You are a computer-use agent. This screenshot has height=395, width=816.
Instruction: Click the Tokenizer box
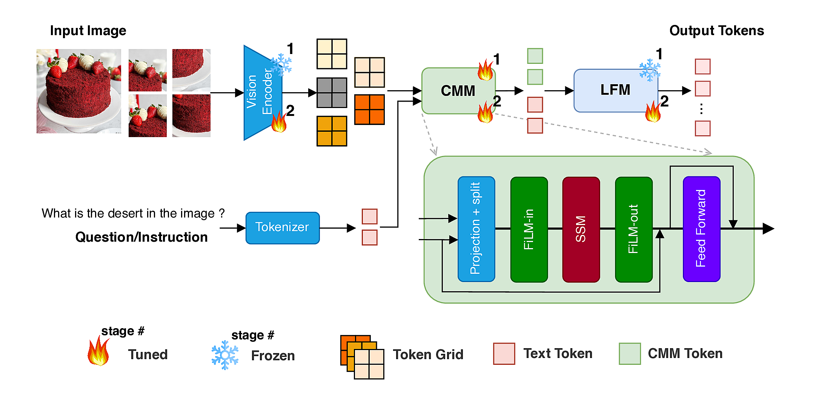pyautogui.click(x=282, y=228)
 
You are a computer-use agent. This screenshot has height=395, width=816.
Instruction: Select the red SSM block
pyautogui.click(x=581, y=229)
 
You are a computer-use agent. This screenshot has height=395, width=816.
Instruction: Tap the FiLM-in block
pyautogui.click(x=529, y=229)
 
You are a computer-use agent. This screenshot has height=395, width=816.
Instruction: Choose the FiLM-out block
pyautogui.click(x=633, y=229)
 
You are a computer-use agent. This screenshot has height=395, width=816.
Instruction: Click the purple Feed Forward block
pyautogui.click(x=701, y=229)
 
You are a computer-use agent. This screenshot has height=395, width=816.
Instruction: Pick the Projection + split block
pyautogui.click(x=476, y=229)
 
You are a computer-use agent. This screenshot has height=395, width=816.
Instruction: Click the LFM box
pyautogui.click(x=615, y=90)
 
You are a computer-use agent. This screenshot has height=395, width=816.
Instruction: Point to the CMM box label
pyautogui.click(x=458, y=91)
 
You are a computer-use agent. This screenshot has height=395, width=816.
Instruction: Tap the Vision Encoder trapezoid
pyautogui.click(x=260, y=93)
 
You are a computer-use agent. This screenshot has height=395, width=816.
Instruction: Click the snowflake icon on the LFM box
pyautogui.click(x=650, y=70)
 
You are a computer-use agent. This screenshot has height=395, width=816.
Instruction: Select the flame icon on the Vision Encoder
pyautogui.click(x=279, y=122)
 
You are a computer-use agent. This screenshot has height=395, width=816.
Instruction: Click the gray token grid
pyautogui.click(x=332, y=93)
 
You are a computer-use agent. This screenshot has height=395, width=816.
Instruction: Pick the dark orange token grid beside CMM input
pyautogui.click(x=369, y=110)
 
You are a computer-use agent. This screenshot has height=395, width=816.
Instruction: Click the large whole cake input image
pyautogui.click(x=78, y=91)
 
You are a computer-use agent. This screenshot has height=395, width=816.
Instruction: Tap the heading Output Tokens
pyautogui.click(x=716, y=31)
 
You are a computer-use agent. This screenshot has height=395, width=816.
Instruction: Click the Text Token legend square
pyautogui.click(x=504, y=353)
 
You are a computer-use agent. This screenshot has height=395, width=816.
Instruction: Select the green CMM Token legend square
pyautogui.click(x=629, y=353)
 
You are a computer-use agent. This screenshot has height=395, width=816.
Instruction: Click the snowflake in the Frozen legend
pyautogui.click(x=225, y=355)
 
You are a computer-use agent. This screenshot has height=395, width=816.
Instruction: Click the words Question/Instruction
pyautogui.click(x=141, y=237)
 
